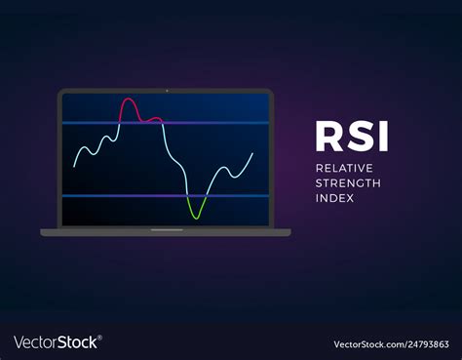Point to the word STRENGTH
click(x=348, y=182)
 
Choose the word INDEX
click(x=334, y=198)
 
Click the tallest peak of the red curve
click(x=128, y=100)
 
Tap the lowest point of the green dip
click(x=196, y=217)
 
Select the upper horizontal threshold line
click(x=166, y=123)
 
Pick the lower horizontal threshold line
click(x=166, y=196)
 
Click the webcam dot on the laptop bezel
click(x=166, y=91)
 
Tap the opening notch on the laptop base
click(x=166, y=230)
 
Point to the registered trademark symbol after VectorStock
click(x=99, y=338)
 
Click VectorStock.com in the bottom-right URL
click(x=366, y=343)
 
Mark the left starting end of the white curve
click(x=74, y=165)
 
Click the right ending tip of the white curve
click(x=253, y=153)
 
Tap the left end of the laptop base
click(x=43, y=232)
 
